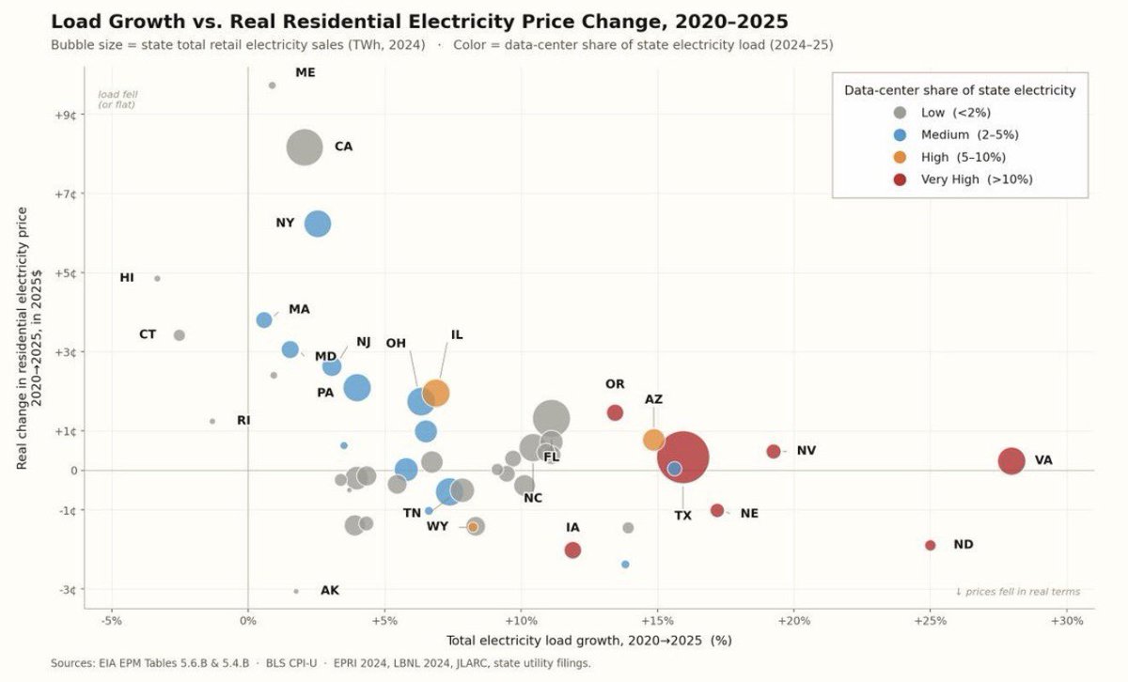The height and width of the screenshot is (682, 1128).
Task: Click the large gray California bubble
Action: [305, 147]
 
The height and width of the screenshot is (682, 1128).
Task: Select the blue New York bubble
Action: [318, 224]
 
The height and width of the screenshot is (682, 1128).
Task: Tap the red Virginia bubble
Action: [1011, 460]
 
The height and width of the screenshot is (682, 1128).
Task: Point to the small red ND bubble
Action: [930, 545]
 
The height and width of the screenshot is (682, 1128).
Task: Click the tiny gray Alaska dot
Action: [296, 592]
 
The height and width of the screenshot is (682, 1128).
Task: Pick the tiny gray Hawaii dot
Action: [157, 278]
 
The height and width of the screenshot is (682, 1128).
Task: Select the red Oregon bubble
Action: [615, 412]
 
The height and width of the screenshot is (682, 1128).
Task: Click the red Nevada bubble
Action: [774, 452]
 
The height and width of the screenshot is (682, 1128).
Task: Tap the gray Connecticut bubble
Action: [180, 335]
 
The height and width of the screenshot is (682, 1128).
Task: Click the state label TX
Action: [682, 516]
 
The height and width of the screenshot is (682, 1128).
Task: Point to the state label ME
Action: [305, 72]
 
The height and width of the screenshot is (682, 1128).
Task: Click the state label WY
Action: [437, 526]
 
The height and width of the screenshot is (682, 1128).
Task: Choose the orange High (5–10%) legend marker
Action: [900, 157]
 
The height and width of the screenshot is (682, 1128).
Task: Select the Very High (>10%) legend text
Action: [977, 179]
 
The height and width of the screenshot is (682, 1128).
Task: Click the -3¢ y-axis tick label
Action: [67, 589]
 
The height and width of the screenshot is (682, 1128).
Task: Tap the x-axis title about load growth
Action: [589, 641]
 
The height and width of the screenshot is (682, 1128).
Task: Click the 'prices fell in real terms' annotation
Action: [1018, 592]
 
